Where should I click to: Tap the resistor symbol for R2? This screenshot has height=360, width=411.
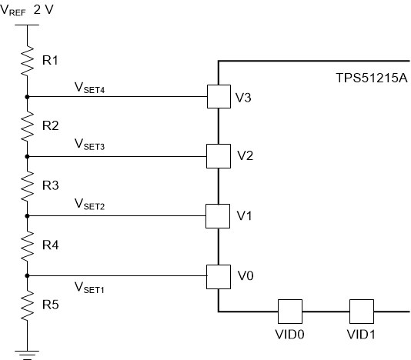(x=27, y=125)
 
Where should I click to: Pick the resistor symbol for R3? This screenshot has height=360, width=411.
(x=27, y=185)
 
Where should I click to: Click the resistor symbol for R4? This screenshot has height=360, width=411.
(x=27, y=245)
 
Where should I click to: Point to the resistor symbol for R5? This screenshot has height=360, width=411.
(x=27, y=306)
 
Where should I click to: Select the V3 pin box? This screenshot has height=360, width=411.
(x=219, y=97)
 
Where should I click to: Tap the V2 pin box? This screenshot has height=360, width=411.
(x=219, y=156)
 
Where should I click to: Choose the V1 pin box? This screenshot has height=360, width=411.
(x=219, y=216)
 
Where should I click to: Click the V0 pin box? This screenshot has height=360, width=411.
(x=219, y=275)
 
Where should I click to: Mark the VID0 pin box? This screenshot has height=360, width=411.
(x=289, y=312)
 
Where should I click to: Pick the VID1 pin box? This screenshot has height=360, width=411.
(x=361, y=312)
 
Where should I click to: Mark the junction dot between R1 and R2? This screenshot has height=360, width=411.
(x=27, y=97)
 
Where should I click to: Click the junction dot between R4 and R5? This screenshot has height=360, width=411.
(x=27, y=275)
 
